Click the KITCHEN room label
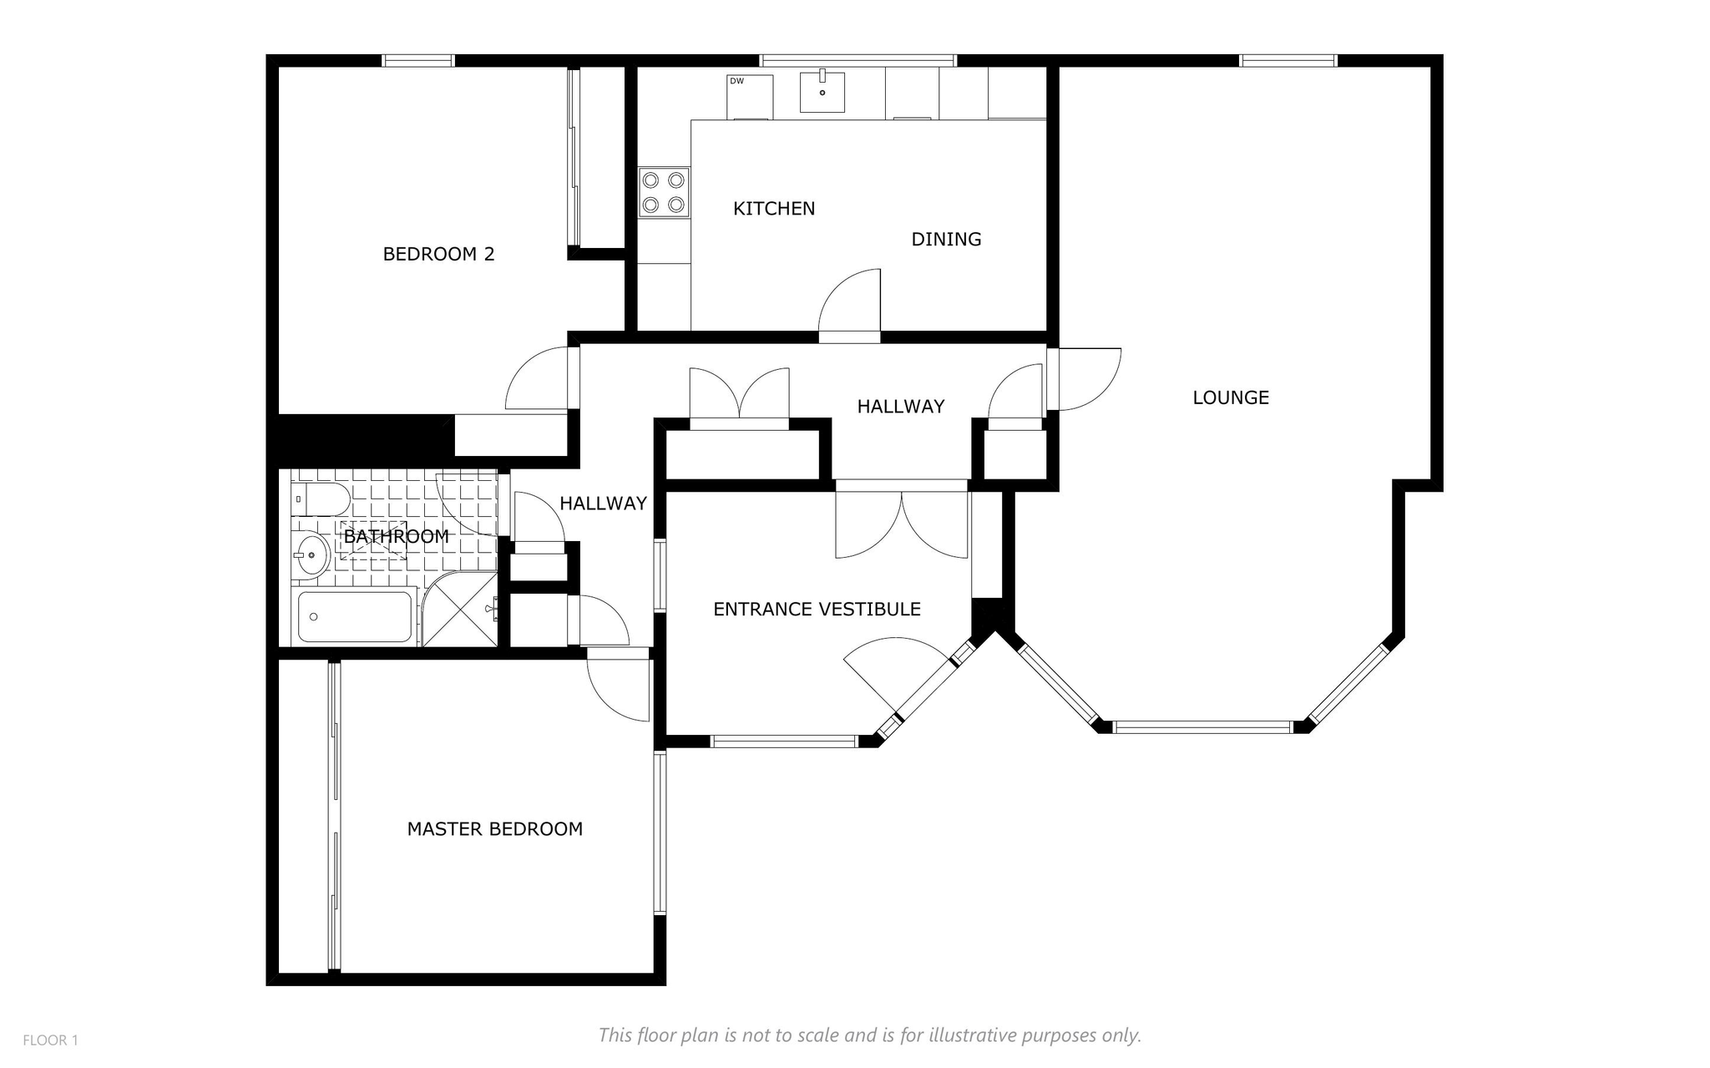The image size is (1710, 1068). point(774,209)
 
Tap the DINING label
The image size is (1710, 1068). point(946,240)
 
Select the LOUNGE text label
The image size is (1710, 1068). point(1231,398)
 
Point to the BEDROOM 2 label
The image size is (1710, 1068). point(438,255)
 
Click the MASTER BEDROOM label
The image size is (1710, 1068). point(494,829)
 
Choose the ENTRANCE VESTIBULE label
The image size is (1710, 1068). point(817,610)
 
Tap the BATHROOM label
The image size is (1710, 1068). point(396,537)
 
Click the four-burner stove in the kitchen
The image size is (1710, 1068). point(665,192)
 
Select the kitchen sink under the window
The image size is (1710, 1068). point(822,92)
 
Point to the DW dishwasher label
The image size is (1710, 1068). point(736,81)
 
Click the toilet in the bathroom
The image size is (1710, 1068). point(321,499)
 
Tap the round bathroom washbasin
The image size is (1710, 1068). point(310,553)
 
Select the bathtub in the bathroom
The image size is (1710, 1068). point(356,617)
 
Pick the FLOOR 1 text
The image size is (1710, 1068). point(50,1040)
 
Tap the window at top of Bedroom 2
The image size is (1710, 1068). point(418,60)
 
